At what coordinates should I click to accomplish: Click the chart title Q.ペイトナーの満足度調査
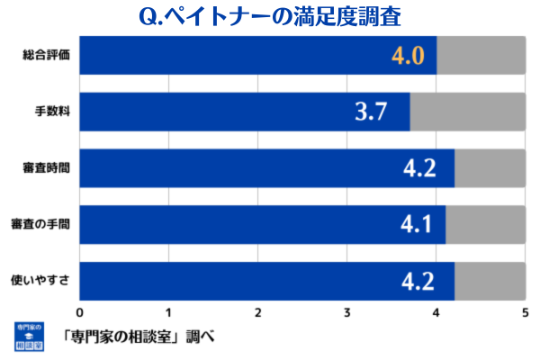pos(271,16)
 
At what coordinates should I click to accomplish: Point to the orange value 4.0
pos(407,57)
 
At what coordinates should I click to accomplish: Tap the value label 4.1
pos(416,224)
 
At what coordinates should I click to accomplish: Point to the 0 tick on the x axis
pos(81,312)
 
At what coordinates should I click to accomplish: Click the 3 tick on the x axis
pos(347,312)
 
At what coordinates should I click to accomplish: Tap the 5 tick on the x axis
pos(526,312)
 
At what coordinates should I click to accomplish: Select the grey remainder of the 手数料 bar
pos(468,112)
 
